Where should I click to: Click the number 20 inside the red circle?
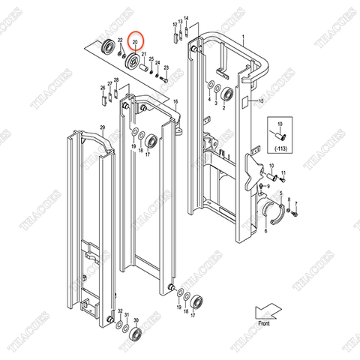coord(135,43)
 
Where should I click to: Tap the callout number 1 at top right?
coord(242,37)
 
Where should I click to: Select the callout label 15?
coord(262,100)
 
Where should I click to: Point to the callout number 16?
coord(175,101)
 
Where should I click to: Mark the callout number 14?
coord(186,17)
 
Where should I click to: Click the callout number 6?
coord(264,232)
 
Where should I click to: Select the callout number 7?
coord(297,203)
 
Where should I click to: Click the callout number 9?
coord(292,193)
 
